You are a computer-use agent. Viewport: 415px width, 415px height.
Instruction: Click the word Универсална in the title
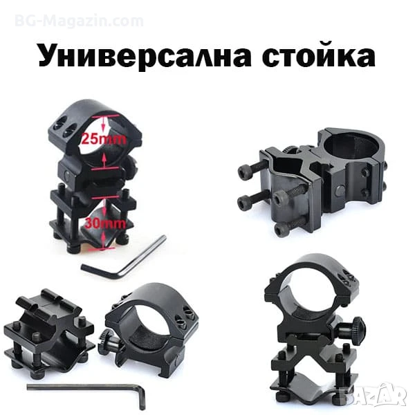145,55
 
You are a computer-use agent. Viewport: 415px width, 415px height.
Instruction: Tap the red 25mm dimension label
104,138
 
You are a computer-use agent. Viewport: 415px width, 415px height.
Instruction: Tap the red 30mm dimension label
105,224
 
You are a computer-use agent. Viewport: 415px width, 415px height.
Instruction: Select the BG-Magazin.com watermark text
79,21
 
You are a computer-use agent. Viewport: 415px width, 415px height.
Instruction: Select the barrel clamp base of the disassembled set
49,333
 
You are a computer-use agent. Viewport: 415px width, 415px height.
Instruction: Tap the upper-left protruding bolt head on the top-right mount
244,172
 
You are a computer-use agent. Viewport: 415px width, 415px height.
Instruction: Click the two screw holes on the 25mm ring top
64,127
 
